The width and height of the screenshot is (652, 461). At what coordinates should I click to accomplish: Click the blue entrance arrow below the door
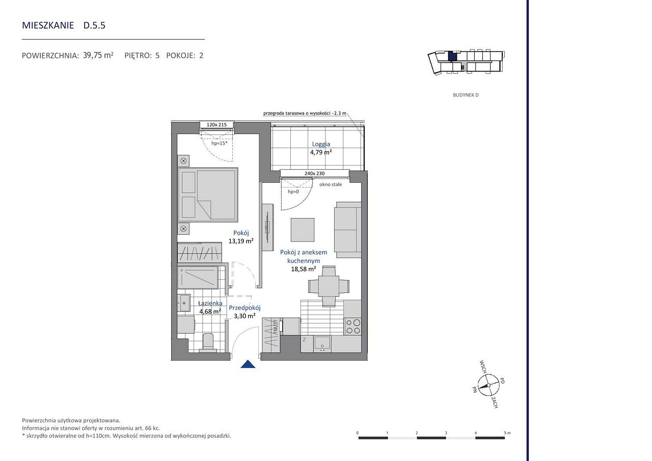248,364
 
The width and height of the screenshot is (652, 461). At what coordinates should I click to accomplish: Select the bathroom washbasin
184,303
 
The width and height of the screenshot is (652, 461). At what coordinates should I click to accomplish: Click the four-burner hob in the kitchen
352,326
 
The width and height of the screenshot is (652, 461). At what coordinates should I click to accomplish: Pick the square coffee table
303,230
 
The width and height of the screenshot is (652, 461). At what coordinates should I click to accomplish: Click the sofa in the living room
347,230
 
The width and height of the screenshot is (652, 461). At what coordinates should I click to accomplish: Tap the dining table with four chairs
329,286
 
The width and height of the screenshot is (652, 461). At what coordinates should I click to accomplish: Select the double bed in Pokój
208,195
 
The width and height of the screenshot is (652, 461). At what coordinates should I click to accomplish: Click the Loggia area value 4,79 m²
321,152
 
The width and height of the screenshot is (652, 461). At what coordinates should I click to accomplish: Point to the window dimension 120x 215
216,125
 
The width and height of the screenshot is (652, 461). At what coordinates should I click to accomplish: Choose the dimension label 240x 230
314,173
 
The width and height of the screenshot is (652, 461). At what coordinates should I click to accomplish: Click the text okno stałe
331,184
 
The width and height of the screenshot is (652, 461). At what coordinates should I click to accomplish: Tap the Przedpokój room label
244,308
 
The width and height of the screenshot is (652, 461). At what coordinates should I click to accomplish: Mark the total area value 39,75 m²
98,56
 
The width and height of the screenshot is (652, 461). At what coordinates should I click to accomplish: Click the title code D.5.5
94,25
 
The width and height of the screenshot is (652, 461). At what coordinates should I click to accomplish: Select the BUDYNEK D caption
466,95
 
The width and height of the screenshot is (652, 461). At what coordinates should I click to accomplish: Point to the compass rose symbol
488,385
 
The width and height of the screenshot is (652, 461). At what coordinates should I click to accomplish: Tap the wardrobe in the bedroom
200,252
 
